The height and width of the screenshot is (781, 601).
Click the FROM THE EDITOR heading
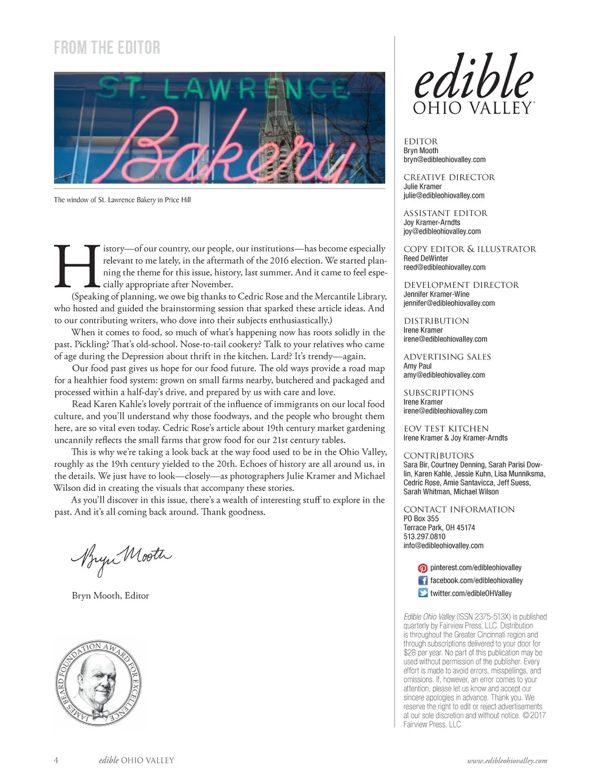point(107,48)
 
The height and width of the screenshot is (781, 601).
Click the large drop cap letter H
point(76,267)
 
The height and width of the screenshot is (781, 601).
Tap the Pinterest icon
point(423,568)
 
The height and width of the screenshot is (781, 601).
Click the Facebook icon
point(423,581)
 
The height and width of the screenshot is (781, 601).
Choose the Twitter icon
point(423,593)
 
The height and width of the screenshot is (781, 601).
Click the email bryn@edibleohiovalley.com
point(444,160)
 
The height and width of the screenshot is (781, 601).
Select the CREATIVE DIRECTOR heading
point(449,177)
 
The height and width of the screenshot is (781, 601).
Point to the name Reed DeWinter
point(426,258)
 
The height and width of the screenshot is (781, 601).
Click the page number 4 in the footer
point(56,760)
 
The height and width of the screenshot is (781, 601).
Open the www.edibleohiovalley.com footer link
point(507,760)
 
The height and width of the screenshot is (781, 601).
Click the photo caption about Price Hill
point(122,200)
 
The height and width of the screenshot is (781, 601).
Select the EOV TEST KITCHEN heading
point(446,429)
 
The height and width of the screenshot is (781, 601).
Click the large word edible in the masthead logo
point(474,78)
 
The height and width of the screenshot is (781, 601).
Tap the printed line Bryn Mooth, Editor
point(110,595)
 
